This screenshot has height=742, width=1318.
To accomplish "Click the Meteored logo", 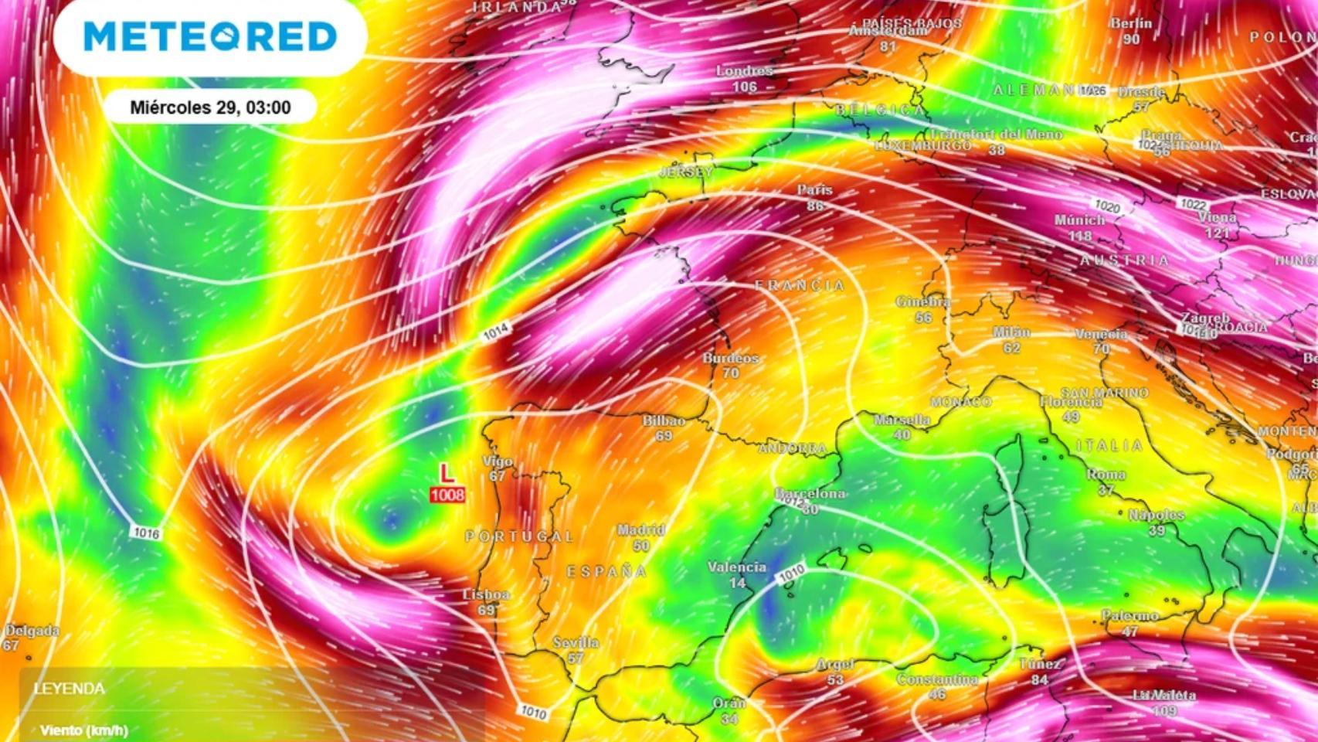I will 210,36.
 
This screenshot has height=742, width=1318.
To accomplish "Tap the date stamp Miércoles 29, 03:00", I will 210,107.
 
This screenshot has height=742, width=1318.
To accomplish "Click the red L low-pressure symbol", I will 447,473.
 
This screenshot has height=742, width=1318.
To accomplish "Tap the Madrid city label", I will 640,530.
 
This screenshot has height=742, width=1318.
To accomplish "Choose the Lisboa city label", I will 486,594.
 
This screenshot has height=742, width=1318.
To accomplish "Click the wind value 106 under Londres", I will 745,87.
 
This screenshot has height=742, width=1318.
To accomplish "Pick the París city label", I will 815,189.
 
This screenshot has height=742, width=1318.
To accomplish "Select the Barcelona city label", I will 810,493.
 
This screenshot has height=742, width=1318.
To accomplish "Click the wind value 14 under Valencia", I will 737,583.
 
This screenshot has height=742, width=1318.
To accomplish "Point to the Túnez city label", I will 1040,664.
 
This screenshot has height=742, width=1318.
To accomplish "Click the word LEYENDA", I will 70,689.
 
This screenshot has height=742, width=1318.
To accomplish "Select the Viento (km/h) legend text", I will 84,730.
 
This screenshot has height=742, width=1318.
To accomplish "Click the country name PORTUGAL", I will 519,536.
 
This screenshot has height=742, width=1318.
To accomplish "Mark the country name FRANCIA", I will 800,286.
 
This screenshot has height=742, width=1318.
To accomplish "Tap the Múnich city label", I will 1079,220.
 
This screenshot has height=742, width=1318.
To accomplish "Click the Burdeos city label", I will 731,358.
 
